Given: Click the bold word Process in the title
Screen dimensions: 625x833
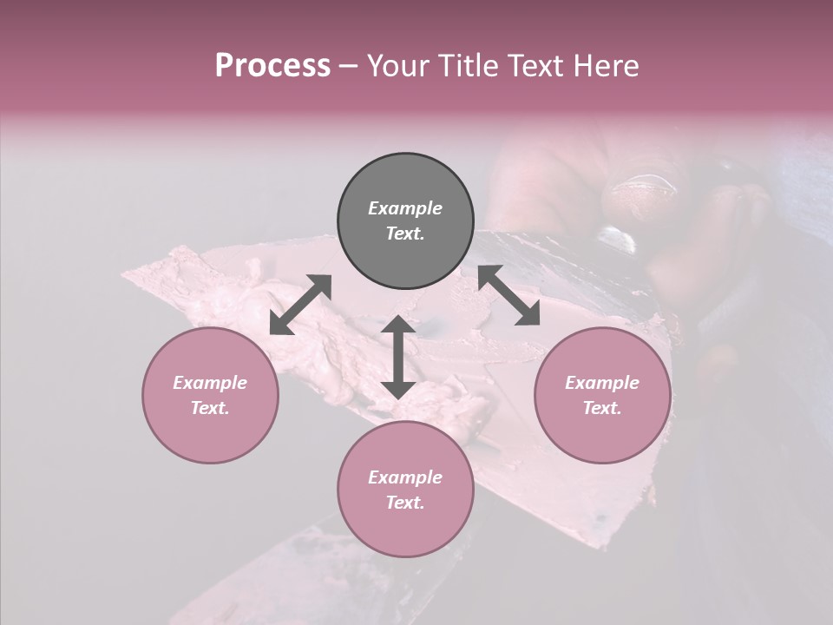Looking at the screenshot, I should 272,66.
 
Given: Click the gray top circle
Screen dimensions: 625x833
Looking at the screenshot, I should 405,221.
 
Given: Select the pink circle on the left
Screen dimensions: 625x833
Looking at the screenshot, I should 210,395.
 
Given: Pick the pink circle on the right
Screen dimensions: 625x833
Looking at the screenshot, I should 601,395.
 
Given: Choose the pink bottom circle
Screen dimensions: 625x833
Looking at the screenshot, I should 405,490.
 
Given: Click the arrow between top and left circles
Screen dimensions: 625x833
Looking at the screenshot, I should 301,304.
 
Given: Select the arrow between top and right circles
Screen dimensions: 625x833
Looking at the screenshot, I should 508,295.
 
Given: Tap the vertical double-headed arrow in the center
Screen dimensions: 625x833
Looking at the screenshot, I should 398,357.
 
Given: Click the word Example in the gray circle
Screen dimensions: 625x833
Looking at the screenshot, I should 405,208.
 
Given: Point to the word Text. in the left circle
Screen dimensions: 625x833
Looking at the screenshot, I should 210,408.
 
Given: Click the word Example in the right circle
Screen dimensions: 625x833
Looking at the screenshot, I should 601,383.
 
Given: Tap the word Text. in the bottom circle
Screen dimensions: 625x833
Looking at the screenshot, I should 405,503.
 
